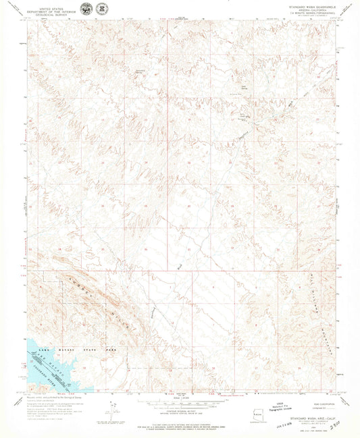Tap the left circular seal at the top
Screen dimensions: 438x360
(x=87, y=9)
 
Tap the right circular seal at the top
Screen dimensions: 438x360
(x=101, y=9)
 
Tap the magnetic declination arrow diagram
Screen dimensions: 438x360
(x=111, y=408)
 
